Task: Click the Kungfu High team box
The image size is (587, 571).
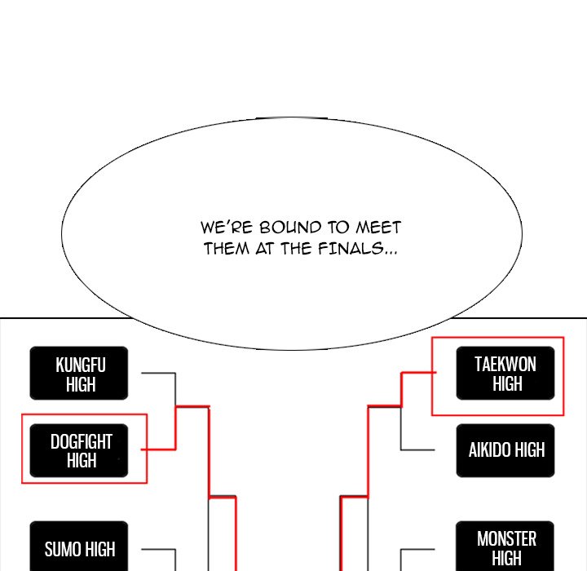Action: pos(79,374)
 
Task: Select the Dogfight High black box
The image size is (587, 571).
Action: pos(82,450)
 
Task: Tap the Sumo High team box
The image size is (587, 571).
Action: pos(79,547)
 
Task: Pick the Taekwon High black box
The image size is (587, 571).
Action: pos(505,373)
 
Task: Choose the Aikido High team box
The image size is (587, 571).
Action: pos(505,450)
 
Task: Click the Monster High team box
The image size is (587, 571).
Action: pos(505,547)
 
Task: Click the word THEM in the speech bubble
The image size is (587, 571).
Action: pos(226,248)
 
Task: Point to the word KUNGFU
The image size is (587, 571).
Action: pos(81,364)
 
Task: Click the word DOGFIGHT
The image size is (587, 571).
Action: pos(82,441)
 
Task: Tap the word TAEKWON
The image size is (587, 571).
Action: pos(505,364)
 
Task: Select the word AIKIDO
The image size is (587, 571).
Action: pos(488,450)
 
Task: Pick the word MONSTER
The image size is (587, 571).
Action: pos(506,538)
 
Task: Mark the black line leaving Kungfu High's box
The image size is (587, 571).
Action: pos(158,374)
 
